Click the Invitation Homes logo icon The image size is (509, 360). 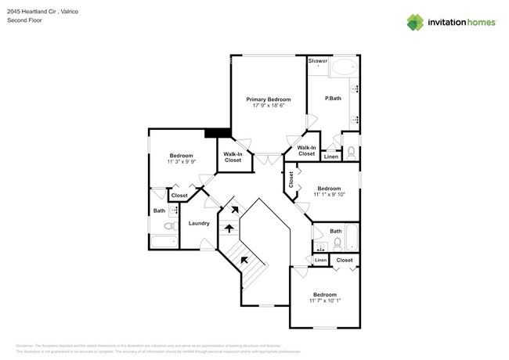coord(415,23)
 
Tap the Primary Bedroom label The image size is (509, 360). coord(268,99)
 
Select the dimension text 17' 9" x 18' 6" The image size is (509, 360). coord(268,106)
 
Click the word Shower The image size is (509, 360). coord(317,60)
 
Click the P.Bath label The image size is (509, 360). coord(334,99)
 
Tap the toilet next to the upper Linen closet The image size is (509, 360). coord(351,151)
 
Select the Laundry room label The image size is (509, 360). coord(198,223)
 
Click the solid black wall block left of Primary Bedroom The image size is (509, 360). coord(216,133)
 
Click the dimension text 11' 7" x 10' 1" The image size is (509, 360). coord(325,300)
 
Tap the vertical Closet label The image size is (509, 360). coord(291,182)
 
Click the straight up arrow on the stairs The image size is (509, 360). coord(229,229)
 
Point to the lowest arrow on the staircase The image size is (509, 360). coord(244,260)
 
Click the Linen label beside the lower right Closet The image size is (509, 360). coord(320,260)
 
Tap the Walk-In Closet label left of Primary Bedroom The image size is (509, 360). coord(233,157)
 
